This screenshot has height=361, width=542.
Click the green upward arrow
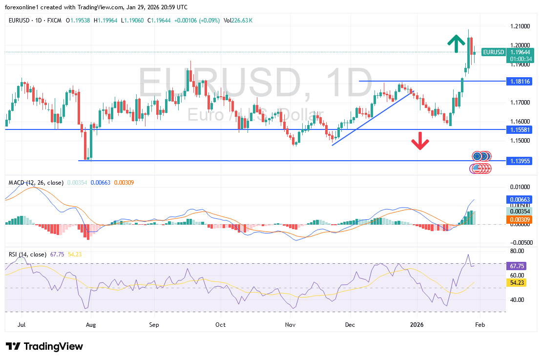456,43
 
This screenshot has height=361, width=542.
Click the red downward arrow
420,142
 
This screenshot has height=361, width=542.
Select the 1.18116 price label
519,81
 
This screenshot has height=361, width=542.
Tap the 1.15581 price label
519,129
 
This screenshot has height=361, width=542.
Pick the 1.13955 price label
519,161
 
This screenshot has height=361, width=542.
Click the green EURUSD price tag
493,52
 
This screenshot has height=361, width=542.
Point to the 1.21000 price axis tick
520,25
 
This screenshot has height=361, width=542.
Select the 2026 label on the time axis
417,324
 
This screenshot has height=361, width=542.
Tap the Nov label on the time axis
291,324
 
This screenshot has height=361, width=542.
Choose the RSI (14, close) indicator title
28,254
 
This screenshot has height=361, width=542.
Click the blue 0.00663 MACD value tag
519,199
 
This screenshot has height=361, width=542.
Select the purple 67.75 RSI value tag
517,266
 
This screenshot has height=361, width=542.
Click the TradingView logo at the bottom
44,346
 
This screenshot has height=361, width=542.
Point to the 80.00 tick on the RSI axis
517,251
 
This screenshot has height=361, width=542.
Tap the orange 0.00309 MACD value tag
519,220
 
